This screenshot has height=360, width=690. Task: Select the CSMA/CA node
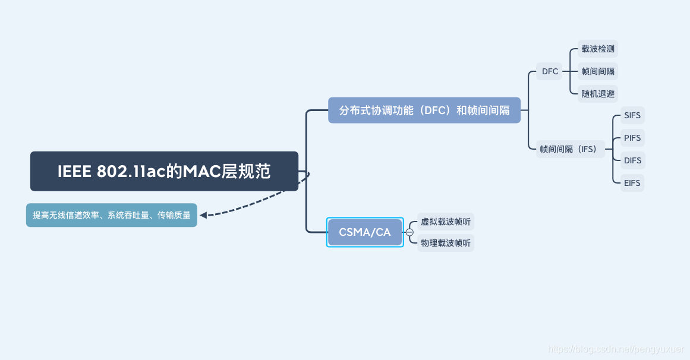365,232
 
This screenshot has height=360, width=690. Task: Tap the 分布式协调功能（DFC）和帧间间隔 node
424,110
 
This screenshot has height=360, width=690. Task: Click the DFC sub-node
550,72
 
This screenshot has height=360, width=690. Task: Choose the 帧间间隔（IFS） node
568,149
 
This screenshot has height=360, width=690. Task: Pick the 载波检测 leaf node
598,49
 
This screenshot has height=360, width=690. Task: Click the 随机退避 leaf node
598,94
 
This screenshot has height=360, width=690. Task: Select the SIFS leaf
632,115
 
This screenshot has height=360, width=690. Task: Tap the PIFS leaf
632,138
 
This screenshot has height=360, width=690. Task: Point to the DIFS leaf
632,160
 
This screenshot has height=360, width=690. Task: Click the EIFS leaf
632,183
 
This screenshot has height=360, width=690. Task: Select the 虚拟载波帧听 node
446,222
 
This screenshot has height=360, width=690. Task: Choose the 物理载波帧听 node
446,243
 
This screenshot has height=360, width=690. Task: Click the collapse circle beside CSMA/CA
409,232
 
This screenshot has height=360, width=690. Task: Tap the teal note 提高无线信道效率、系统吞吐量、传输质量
112,215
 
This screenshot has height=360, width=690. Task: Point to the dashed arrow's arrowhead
203,215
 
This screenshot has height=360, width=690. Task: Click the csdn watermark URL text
615,350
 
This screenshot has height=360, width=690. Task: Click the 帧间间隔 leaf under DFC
598,72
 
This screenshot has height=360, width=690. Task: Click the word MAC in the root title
201,172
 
